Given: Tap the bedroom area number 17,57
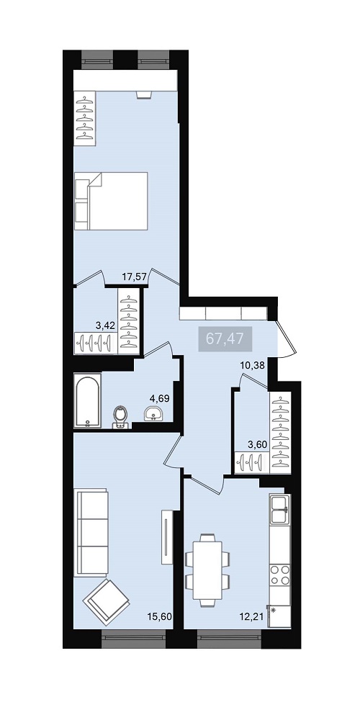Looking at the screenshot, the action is [135, 276].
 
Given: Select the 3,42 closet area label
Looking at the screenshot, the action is [105, 326].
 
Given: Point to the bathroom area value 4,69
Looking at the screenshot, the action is [160, 398].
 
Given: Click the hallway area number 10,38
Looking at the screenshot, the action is [253, 366].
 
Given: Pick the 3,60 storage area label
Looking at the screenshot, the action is [257, 444].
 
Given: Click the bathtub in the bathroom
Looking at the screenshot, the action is [87, 401].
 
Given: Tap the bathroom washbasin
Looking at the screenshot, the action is [153, 413].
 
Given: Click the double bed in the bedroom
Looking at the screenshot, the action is [111, 201].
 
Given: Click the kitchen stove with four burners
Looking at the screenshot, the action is [280, 575].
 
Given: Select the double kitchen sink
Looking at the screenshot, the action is [279, 509].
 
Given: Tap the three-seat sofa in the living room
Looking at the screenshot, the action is [91, 532].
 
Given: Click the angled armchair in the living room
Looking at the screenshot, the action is [106, 602].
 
